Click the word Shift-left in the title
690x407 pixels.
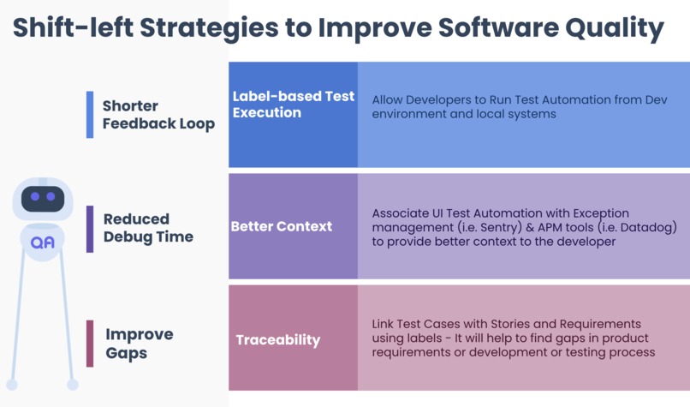(x=73, y=27)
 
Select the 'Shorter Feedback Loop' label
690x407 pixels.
(x=158, y=115)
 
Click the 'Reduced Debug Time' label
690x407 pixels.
(x=148, y=228)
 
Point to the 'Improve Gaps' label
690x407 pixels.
(x=139, y=344)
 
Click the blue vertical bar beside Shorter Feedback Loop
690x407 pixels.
(x=90, y=115)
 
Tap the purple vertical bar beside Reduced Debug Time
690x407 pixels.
(x=90, y=229)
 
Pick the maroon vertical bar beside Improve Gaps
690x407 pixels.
(x=90, y=344)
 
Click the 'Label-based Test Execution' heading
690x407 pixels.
(x=293, y=105)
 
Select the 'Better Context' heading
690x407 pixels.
(x=282, y=226)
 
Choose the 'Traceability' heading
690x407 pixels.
(x=278, y=340)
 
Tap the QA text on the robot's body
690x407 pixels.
(x=43, y=242)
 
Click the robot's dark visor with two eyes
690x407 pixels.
(x=43, y=199)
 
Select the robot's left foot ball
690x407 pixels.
(x=12, y=385)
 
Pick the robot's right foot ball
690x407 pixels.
(x=73, y=385)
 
